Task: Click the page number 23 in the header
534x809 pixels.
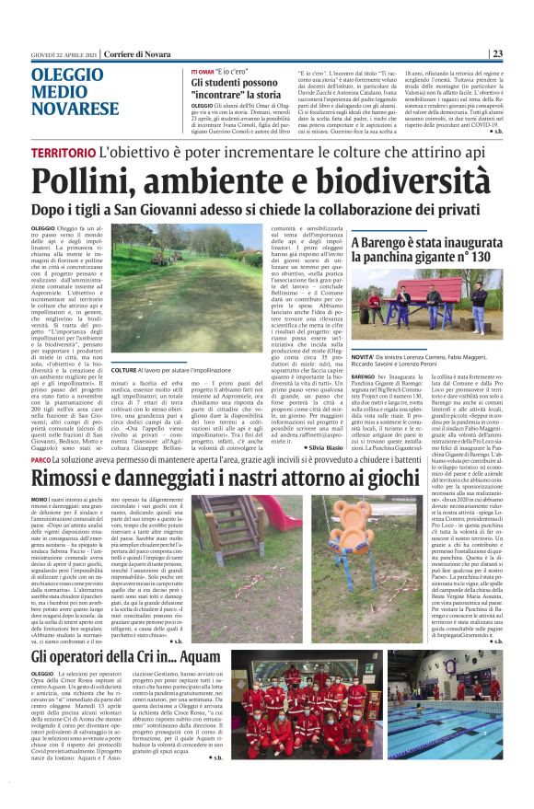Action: [521, 53]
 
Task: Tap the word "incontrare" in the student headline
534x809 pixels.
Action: [223, 95]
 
